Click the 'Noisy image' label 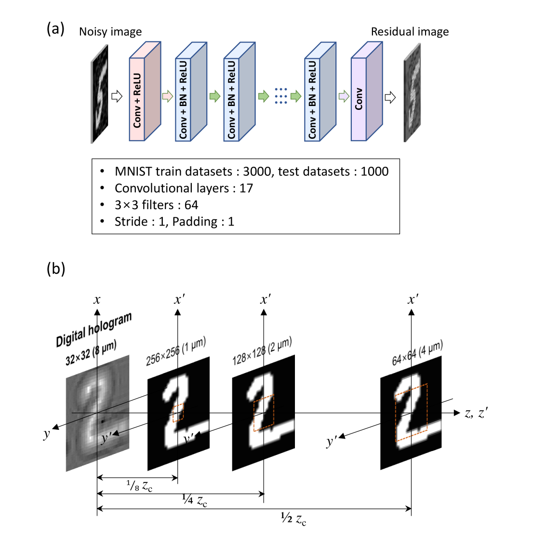pos(110,32)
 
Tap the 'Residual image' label pos(410,32)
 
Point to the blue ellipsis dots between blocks pos(281,96)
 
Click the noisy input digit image pos(100,94)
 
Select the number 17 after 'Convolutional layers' pos(246,188)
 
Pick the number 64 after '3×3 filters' pos(191,205)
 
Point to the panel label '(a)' pos(55,29)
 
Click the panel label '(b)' pos(55,268)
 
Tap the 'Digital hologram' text pos(94,330)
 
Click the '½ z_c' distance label pos(293,519)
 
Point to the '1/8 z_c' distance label pos(140,486)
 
